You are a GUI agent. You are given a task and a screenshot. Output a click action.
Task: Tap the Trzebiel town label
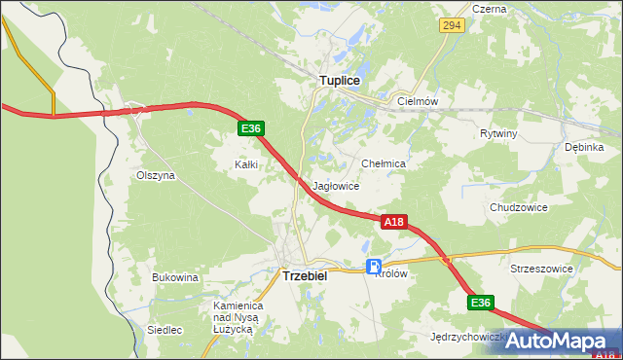tap(305, 275)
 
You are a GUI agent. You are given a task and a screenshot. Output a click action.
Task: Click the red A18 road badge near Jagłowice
tap(392, 222)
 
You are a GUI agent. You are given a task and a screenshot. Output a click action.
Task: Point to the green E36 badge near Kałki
tap(250, 128)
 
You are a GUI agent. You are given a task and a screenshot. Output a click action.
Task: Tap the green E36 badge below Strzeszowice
tap(480, 303)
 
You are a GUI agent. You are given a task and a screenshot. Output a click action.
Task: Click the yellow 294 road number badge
tap(450, 24)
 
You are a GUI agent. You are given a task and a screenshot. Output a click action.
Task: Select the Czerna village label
tap(489, 9)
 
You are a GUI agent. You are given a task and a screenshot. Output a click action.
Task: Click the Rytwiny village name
tap(498, 133)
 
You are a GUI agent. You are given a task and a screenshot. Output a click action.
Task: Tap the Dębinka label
tap(584, 147)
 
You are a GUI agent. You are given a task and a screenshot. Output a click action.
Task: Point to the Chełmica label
tap(383, 164)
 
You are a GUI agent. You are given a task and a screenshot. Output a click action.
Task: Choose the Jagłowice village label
tap(337, 186)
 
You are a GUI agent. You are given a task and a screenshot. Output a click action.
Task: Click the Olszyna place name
tap(155, 176)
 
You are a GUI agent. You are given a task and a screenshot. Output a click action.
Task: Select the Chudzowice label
tap(519, 207)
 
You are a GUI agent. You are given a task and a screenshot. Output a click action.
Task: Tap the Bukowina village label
tap(175, 277)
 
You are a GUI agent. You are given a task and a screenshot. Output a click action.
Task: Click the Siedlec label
tap(165, 330)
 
